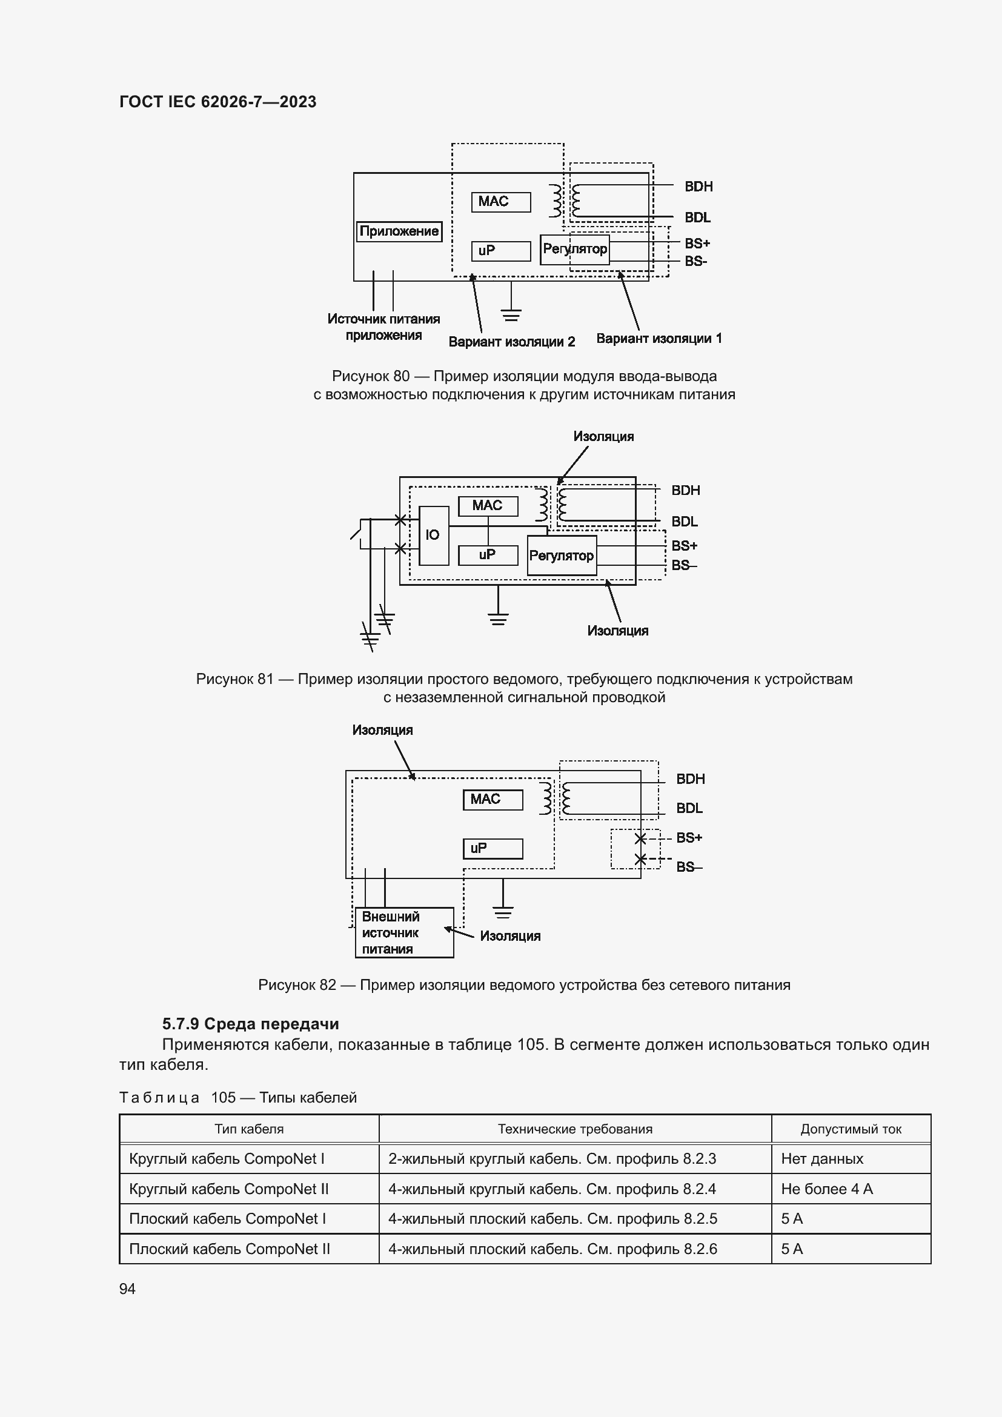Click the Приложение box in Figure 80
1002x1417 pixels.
[x=399, y=231]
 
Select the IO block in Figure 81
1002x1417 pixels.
[x=433, y=535]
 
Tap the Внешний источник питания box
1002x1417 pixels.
[x=404, y=932]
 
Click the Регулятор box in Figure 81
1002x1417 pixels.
[x=562, y=556]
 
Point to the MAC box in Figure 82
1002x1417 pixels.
[x=493, y=800]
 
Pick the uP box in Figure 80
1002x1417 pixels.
[x=500, y=251]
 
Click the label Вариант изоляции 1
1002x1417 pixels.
[x=659, y=339]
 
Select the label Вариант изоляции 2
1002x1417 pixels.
[x=511, y=342]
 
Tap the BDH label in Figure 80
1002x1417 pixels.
[x=698, y=187]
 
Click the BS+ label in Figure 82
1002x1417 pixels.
[x=689, y=837]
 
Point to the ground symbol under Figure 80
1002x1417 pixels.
[x=511, y=314]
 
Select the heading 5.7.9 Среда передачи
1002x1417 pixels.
[x=251, y=1024]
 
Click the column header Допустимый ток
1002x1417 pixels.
[x=850, y=1129]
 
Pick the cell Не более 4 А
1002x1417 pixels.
[x=826, y=1189]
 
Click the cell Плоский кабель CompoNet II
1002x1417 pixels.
[x=230, y=1249]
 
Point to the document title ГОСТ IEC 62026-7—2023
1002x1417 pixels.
[x=218, y=102]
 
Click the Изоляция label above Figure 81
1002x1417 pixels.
[x=603, y=437]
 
